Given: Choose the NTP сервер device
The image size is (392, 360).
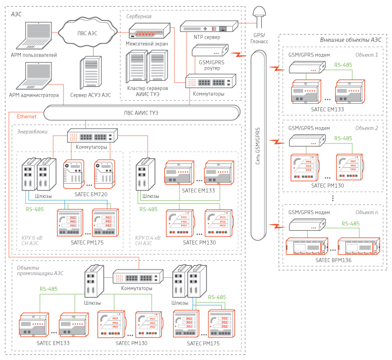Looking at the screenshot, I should (x=209, y=26).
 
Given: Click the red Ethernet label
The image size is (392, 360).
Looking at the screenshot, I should (x=26, y=116).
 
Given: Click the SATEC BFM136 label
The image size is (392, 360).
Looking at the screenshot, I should (x=333, y=260).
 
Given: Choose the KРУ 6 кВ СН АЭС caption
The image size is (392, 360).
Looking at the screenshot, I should (x=33, y=240).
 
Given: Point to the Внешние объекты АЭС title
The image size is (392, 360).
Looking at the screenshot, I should (x=350, y=40).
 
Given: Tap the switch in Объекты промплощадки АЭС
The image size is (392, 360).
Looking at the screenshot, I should (x=138, y=277).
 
